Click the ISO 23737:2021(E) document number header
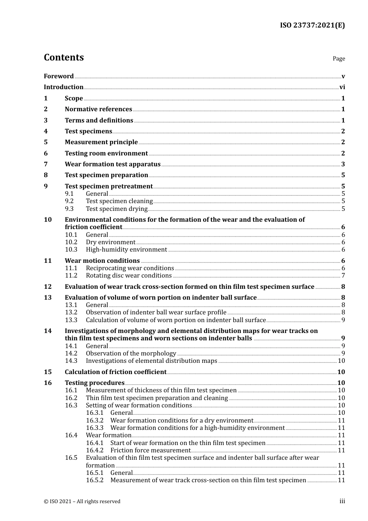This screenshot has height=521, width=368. [x=312, y=26]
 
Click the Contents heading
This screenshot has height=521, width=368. [x=64, y=57]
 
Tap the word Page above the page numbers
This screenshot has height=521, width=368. [x=339, y=59]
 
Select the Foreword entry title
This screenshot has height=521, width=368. [x=58, y=76]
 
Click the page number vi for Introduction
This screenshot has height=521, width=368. [x=342, y=87]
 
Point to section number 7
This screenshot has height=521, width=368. [x=46, y=164]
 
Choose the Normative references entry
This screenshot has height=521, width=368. [x=98, y=109]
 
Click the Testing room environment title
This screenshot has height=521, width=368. [x=106, y=154]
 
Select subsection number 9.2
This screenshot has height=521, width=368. [x=69, y=201]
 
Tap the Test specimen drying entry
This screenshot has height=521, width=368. [x=117, y=209]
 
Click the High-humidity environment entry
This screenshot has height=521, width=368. [x=126, y=250]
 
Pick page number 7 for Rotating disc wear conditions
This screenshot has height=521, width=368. [x=343, y=276]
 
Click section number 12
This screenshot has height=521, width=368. [x=48, y=287]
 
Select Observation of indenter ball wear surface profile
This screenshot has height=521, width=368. [x=156, y=312]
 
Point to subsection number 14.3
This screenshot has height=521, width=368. [x=71, y=361]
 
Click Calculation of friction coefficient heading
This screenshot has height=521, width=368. [x=115, y=372]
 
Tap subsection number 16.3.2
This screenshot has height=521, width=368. [x=95, y=421]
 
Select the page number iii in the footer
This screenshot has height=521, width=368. [x=342, y=501]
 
